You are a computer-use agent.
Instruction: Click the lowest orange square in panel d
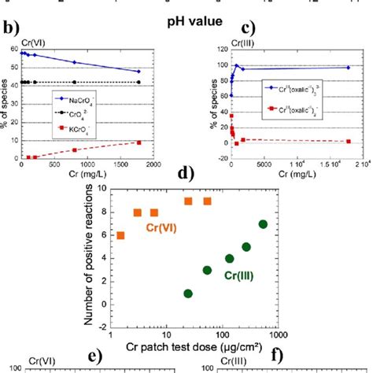[120, 235]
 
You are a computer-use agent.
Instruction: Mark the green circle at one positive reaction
[188, 293]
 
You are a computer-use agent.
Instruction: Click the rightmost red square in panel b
[138, 142]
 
